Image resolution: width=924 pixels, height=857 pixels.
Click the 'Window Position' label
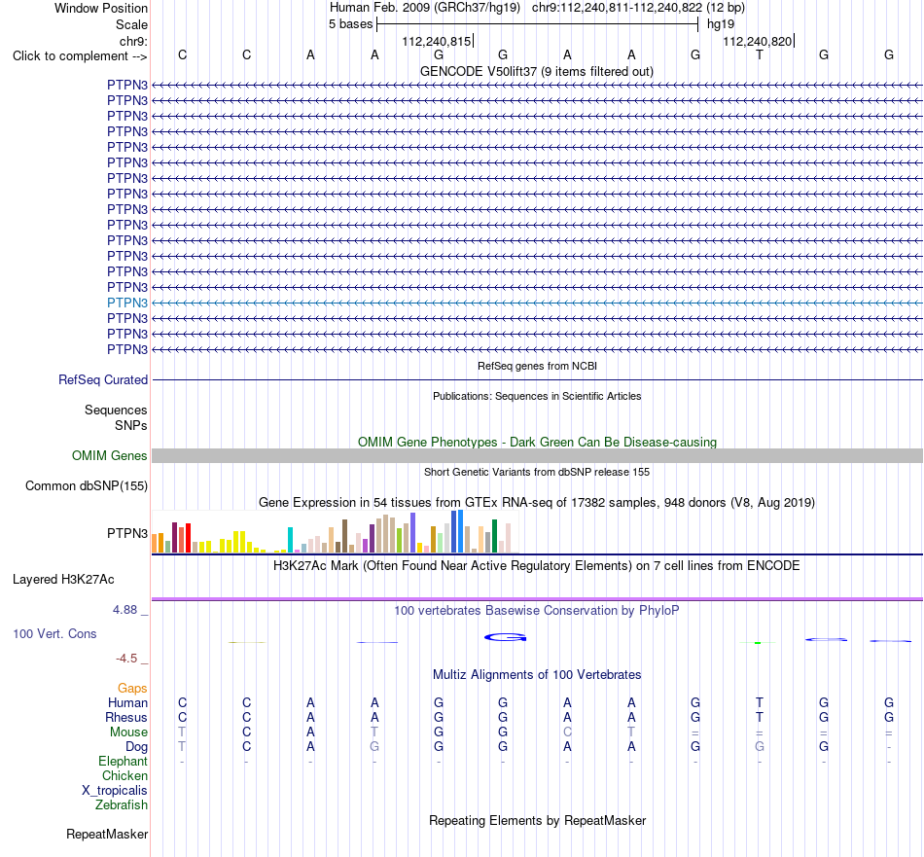pos(101,8)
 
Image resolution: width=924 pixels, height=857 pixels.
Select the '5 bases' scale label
pos(350,24)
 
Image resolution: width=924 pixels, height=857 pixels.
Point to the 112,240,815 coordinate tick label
pos(436,41)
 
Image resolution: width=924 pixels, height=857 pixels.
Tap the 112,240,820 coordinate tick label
pos(758,41)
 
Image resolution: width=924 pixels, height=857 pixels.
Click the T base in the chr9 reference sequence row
pos(760,55)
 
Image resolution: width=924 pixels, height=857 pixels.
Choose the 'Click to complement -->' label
pos(80,56)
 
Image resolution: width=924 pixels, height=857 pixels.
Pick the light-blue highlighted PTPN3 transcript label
pos(127,303)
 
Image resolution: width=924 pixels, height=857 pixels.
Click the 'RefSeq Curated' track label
pos(103,380)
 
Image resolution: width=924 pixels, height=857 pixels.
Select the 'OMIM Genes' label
pos(110,455)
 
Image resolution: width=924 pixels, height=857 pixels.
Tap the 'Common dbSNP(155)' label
pos(87,485)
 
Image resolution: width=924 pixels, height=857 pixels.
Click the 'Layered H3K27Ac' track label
pos(63,580)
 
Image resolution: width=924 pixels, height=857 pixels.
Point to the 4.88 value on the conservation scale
pos(124,610)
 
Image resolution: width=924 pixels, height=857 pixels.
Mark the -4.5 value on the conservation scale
pos(126,659)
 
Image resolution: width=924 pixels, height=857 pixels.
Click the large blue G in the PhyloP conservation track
pos(505,637)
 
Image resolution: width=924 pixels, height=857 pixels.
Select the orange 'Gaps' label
pos(132,689)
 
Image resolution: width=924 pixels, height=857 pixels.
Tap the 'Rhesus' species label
pos(126,717)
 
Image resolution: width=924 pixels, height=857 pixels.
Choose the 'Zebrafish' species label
pos(122,804)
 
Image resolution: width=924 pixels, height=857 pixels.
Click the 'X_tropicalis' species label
pos(115,791)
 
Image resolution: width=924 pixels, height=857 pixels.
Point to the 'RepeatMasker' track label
pos(107,834)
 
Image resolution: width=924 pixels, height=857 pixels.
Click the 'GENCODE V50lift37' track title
pos(479,72)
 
